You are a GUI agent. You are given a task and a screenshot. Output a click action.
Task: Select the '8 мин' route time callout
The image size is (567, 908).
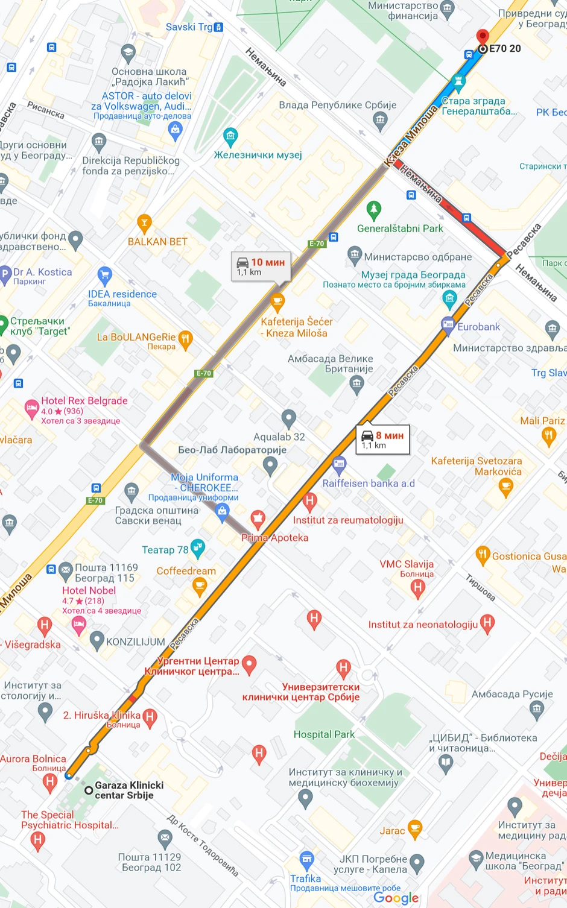(382, 440)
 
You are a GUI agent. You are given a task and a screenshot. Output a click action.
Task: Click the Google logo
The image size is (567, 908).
(396, 898)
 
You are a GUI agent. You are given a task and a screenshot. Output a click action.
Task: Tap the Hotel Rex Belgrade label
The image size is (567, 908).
(84, 401)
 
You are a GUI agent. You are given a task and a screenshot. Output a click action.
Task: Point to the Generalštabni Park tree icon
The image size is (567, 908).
(374, 210)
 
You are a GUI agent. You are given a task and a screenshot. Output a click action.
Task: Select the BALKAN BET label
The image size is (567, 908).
(157, 242)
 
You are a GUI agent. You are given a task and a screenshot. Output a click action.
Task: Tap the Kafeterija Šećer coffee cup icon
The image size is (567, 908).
(277, 300)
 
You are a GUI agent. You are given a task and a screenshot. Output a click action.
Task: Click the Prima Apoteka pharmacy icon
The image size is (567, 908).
(258, 518)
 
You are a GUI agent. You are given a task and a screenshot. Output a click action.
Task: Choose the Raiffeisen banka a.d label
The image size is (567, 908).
(369, 484)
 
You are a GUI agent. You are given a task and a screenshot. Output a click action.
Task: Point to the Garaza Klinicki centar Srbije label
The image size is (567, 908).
(129, 790)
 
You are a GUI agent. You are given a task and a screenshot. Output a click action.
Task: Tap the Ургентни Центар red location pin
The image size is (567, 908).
(249, 664)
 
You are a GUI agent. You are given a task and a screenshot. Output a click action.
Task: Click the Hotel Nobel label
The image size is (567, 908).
(89, 591)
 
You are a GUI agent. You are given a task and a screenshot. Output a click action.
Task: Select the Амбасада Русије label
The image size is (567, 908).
(512, 694)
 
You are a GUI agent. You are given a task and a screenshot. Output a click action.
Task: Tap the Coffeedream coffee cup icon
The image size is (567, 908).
(199, 585)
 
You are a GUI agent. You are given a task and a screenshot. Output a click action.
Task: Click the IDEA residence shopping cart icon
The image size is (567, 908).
(105, 276)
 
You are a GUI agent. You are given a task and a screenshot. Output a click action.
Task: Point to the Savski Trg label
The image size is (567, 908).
(189, 27)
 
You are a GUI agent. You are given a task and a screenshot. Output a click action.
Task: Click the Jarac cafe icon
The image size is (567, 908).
(415, 830)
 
